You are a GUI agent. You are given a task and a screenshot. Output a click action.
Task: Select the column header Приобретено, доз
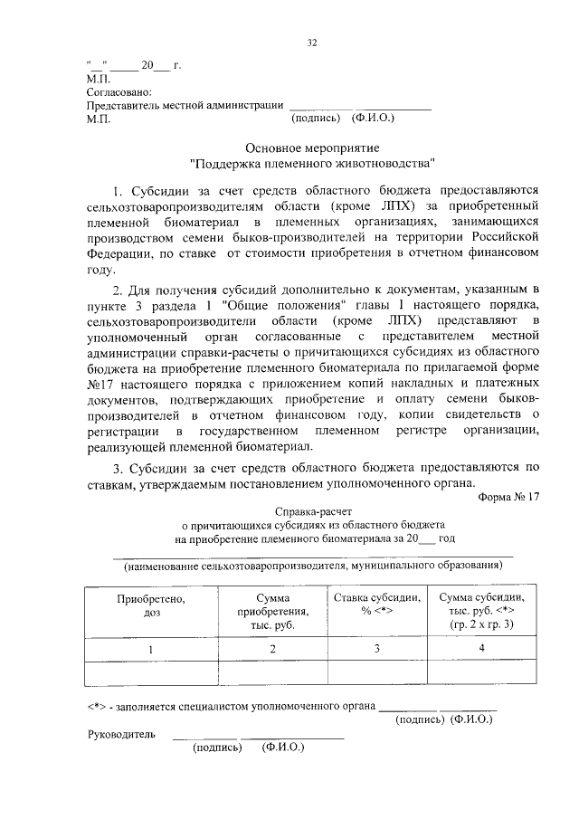(151, 605)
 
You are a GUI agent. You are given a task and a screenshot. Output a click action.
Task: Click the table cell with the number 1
(151, 650)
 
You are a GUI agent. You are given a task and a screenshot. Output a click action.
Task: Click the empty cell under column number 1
(151, 675)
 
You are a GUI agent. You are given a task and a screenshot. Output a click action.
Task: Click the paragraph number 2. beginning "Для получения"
(119, 289)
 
